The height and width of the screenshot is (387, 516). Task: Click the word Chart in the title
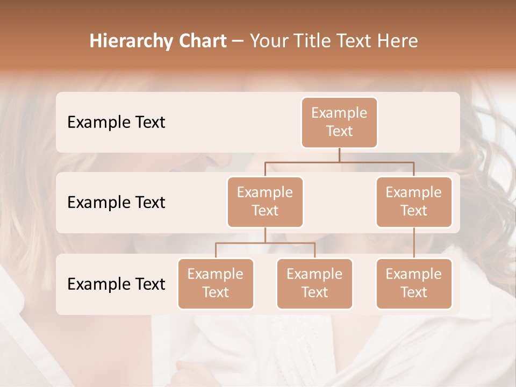click(200, 41)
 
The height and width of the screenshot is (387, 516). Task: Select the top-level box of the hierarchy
click(339, 122)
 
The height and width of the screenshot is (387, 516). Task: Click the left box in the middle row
click(265, 202)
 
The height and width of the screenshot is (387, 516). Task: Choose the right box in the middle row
click(414, 202)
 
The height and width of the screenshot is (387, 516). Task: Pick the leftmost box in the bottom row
click(216, 283)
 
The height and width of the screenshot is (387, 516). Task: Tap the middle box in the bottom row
click(314, 283)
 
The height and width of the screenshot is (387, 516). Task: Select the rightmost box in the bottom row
click(414, 283)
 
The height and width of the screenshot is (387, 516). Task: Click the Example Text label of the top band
click(116, 123)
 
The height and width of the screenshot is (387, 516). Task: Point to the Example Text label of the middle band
click(116, 203)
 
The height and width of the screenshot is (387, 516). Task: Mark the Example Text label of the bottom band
click(116, 284)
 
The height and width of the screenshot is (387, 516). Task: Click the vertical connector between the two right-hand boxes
click(414, 243)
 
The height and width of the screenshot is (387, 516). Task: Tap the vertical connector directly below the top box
click(339, 155)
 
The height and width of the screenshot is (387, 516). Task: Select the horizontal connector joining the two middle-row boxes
click(339, 162)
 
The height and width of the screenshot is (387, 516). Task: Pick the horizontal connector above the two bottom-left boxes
click(265, 243)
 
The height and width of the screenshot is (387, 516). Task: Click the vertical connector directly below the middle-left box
click(265, 235)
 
